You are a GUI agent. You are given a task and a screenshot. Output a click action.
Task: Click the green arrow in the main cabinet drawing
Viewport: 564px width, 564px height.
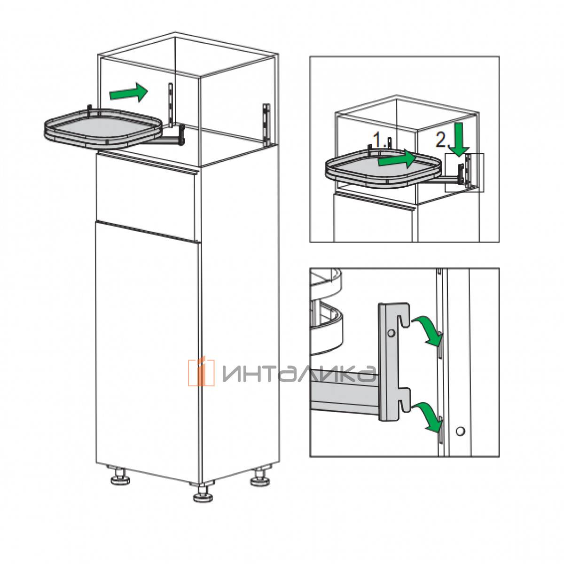pyautogui.click(x=128, y=93)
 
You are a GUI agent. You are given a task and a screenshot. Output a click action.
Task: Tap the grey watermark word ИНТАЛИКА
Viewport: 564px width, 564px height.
pyautogui.click(x=299, y=374)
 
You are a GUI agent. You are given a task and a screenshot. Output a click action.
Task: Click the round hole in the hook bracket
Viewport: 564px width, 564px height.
pyautogui.click(x=391, y=333)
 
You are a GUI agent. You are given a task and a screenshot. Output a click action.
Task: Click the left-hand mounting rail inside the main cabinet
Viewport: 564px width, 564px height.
pyautogui.click(x=170, y=105)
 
